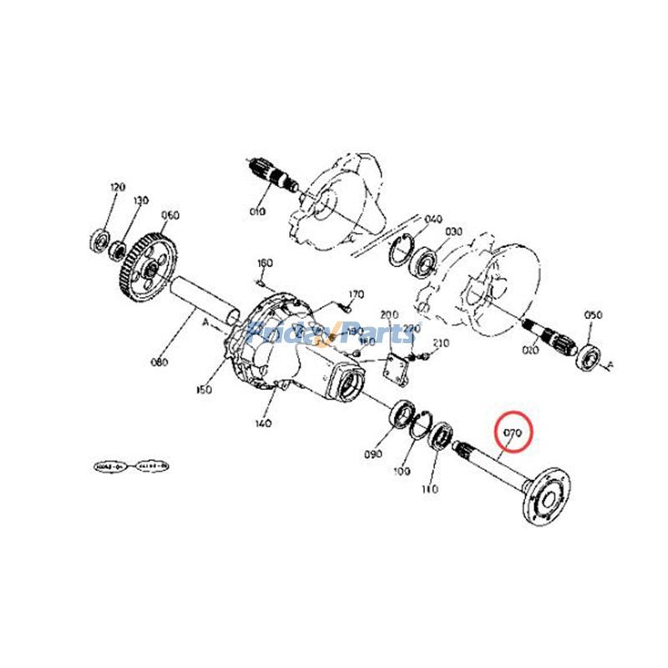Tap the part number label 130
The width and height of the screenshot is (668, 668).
(140, 200)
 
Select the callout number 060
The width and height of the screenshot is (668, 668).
(170, 215)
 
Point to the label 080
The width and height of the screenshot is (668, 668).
(159, 362)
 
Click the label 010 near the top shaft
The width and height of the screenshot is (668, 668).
(256, 211)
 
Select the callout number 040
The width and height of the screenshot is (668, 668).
(433, 220)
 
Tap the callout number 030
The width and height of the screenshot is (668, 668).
(453, 231)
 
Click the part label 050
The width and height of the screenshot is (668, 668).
(593, 316)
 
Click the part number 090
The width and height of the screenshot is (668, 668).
(372, 453)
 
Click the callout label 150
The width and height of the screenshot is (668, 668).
(205, 389)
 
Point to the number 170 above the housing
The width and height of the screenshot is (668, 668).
(356, 295)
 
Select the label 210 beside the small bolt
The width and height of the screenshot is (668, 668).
(442, 343)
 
